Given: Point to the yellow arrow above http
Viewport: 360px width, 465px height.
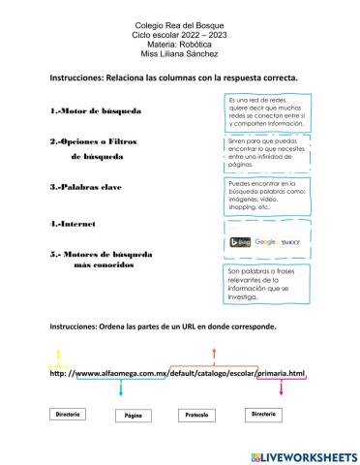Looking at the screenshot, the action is point(57,355).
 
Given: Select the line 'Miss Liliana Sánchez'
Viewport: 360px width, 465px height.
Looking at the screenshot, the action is point(180,56).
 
